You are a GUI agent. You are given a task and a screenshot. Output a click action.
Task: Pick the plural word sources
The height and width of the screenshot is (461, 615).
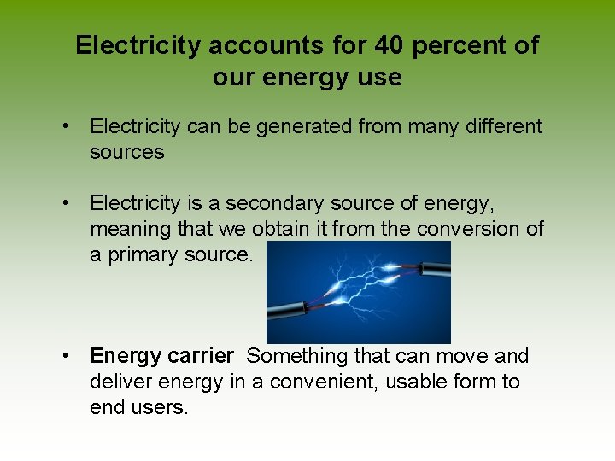click(126, 153)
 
